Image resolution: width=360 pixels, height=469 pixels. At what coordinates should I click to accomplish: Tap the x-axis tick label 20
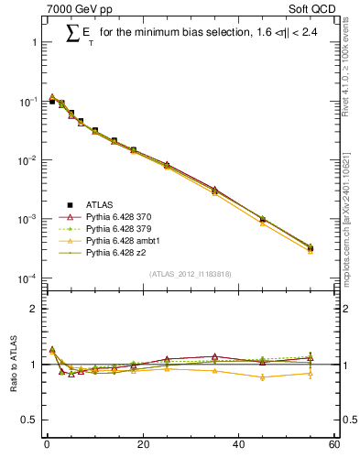[142, 445]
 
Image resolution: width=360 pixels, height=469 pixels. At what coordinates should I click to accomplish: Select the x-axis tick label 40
[238, 445]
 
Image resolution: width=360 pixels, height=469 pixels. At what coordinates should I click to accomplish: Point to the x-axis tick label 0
[47, 445]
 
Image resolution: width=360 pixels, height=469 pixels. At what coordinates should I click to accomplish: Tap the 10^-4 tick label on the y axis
[27, 278]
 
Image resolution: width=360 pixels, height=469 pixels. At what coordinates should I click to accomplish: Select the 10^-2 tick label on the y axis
[27, 160]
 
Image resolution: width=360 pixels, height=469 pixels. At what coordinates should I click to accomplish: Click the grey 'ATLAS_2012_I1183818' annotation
[190, 274]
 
